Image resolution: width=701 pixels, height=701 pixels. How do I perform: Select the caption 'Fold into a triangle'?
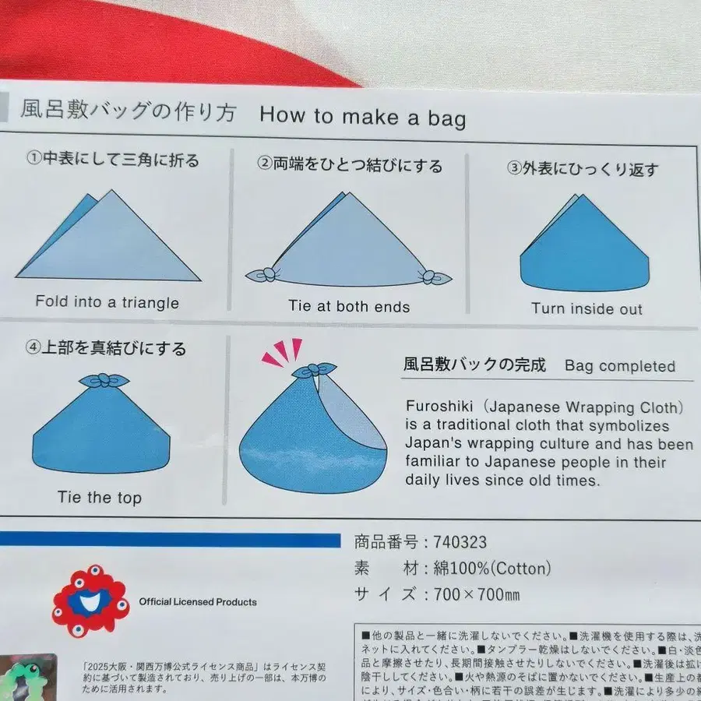pyautogui.click(x=107, y=302)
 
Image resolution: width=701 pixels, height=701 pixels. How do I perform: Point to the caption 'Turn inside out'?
pyautogui.click(x=587, y=308)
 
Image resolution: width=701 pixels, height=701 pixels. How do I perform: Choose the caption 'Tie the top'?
pyautogui.click(x=100, y=497)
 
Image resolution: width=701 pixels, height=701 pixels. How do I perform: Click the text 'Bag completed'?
pyautogui.click(x=620, y=366)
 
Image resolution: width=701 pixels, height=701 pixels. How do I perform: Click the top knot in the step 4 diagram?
pyautogui.click(x=104, y=381)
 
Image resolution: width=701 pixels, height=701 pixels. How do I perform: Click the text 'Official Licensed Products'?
pyautogui.click(x=197, y=602)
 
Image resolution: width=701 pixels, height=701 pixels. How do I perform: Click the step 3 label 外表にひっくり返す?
pyautogui.click(x=583, y=169)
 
